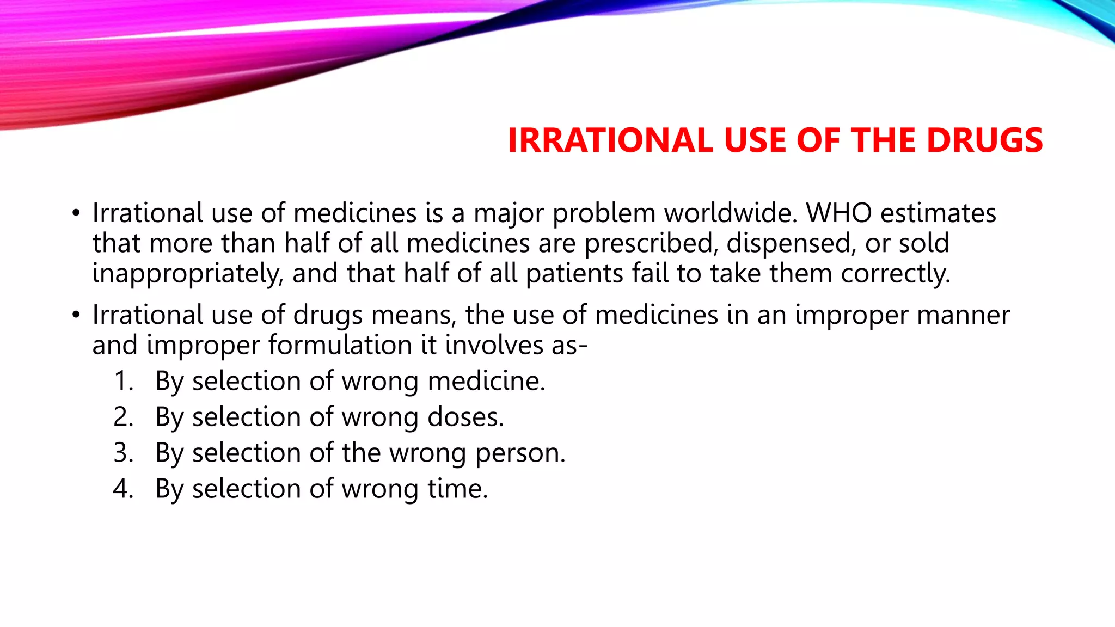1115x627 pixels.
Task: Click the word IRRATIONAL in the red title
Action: (x=610, y=140)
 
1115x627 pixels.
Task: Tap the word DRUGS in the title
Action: (x=984, y=140)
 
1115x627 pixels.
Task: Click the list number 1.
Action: (x=124, y=381)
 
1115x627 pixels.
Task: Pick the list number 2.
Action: (x=124, y=417)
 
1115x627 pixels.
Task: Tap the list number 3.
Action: (x=124, y=453)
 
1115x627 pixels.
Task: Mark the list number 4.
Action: (x=124, y=489)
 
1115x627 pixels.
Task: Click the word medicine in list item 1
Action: (x=486, y=381)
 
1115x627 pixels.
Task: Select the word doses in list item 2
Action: (x=465, y=417)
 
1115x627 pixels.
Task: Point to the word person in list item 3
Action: (x=520, y=453)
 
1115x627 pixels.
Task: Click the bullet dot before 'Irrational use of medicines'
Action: (x=76, y=213)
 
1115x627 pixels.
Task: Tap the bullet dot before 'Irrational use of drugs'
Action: (x=76, y=315)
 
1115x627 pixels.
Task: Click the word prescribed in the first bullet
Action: (x=648, y=243)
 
